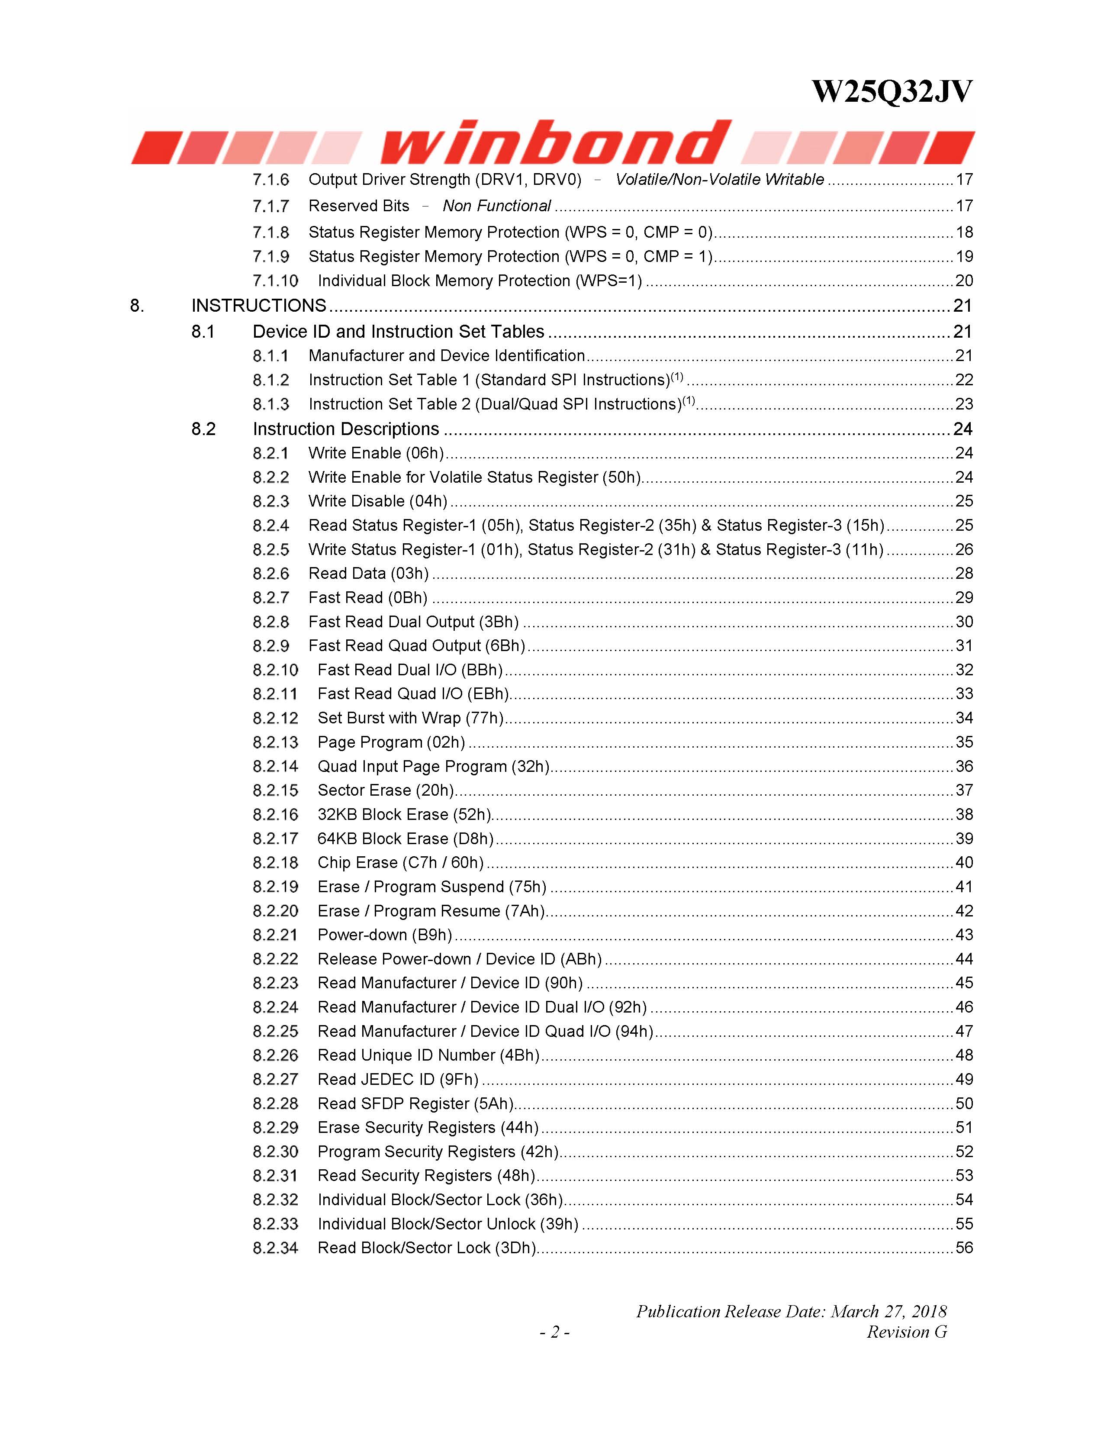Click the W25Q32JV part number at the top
point(892,92)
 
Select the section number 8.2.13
point(275,742)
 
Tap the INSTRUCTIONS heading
point(258,306)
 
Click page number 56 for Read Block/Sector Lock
point(964,1248)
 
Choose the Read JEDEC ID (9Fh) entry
point(398,1079)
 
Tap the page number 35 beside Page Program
point(964,742)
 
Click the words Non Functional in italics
point(496,206)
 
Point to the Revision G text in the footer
point(907,1332)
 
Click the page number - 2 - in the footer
point(554,1332)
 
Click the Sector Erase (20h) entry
point(386,790)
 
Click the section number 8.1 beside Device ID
point(203,332)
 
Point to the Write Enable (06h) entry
point(376,453)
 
